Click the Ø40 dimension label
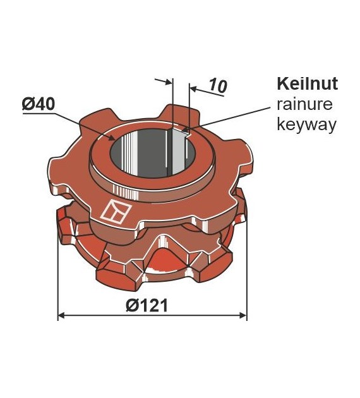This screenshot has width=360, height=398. (x=39, y=105)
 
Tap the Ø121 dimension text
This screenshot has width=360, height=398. (x=147, y=305)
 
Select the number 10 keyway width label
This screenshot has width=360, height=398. (x=218, y=86)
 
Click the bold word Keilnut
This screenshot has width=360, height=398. (x=307, y=83)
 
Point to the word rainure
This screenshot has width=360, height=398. (x=304, y=104)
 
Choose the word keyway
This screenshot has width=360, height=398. (x=306, y=125)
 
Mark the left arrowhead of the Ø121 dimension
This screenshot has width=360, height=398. (x=62, y=315)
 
